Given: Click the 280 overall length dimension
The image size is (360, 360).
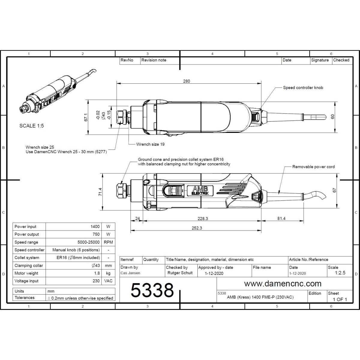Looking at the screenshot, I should click(186, 81).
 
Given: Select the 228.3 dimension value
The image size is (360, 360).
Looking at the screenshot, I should click(203, 219).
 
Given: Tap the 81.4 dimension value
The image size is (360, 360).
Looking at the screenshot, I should click(281, 218).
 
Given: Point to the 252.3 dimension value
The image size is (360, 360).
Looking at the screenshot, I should click(197, 228).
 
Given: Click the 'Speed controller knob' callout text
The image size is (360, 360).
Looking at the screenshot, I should click(303, 88).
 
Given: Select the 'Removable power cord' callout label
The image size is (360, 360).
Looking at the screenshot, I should click(313, 167).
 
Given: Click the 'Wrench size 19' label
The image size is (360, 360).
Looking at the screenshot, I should click(150, 144).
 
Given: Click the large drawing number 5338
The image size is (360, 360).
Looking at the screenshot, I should click(152, 290).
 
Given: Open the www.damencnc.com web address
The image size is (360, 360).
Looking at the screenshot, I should click(283, 283).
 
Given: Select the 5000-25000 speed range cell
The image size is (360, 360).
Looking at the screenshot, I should click(88, 242).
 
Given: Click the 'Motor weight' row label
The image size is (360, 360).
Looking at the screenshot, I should click(26, 273).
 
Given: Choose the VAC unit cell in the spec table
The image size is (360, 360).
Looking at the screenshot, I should click(108, 281).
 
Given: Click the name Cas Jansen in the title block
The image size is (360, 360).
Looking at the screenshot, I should click(130, 273).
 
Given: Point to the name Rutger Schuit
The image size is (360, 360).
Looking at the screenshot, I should click(180, 273).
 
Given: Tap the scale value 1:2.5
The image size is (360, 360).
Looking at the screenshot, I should click(340, 273).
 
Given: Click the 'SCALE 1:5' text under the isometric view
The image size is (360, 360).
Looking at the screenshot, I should click(31, 126).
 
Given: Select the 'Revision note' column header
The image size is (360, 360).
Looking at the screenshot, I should click(154, 60).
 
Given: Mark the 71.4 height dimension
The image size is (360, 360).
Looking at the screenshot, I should click(100, 192).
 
